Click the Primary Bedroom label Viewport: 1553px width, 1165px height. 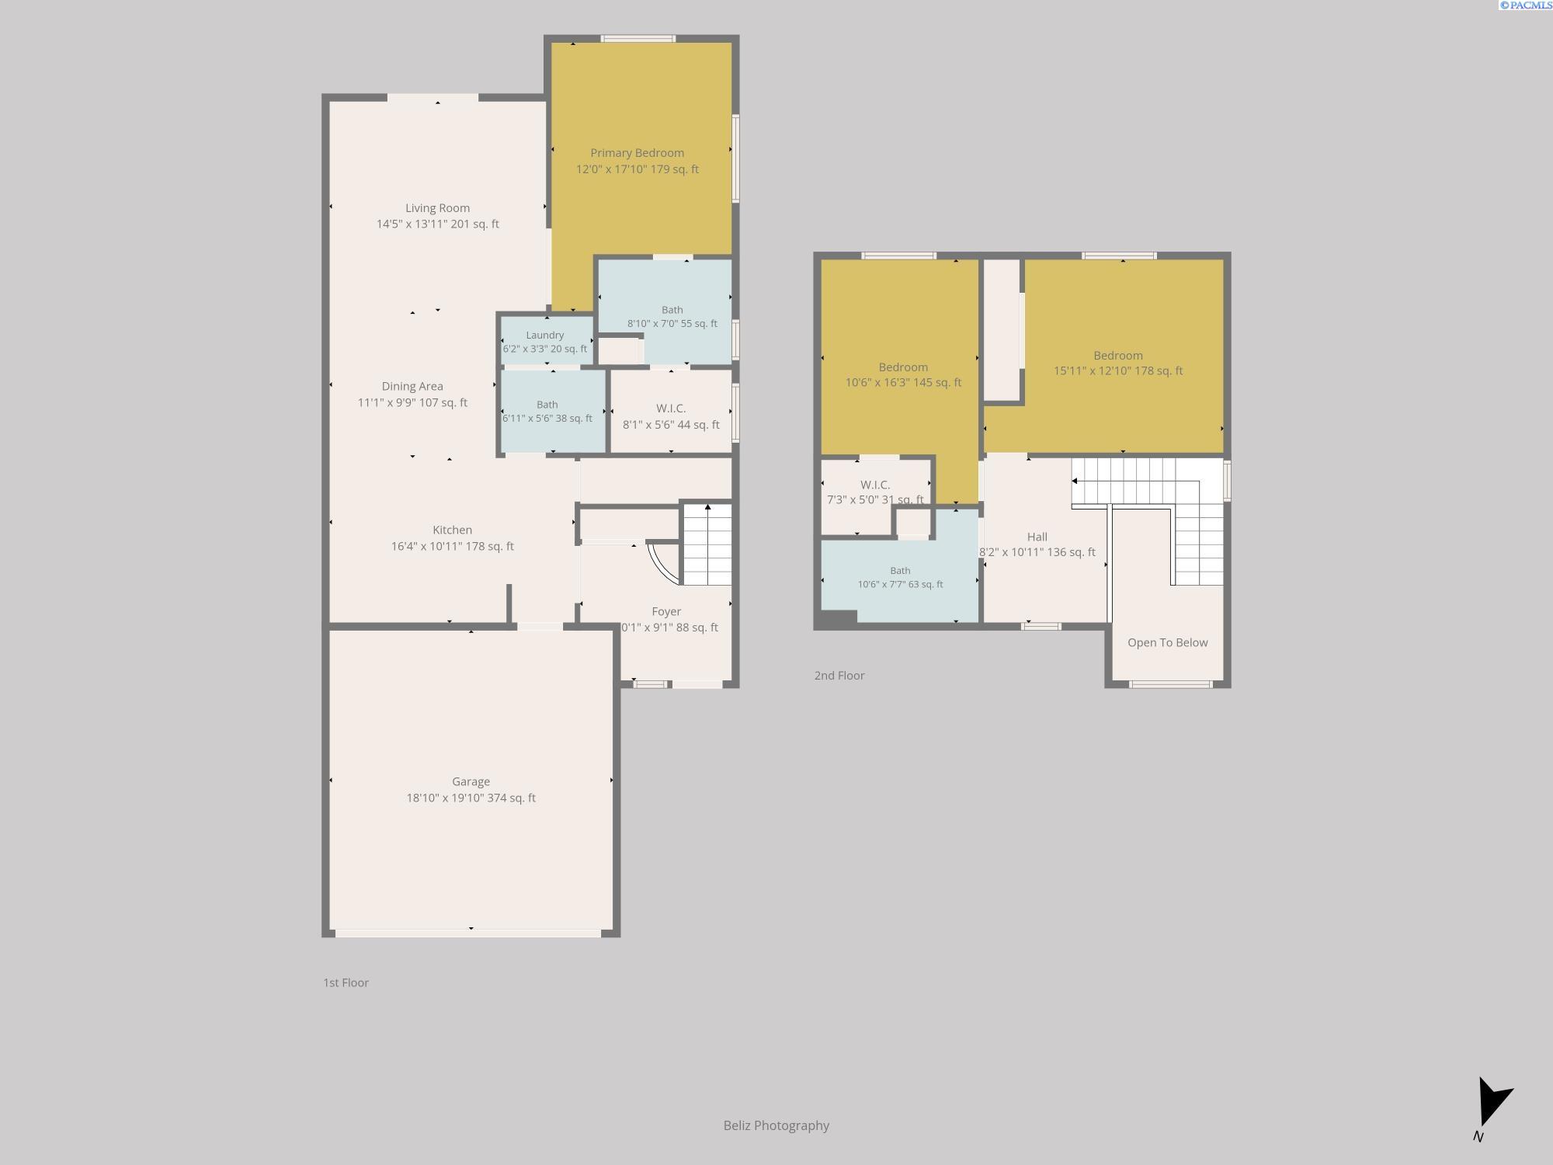click(637, 153)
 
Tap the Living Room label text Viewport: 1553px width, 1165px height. click(437, 208)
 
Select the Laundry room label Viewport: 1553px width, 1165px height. click(544, 336)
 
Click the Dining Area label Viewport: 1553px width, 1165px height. click(412, 386)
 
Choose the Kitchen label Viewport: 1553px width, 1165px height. click(452, 530)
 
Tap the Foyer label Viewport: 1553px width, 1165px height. click(666, 612)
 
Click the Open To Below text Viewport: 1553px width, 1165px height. click(1167, 642)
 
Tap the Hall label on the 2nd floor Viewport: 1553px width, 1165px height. click(1037, 537)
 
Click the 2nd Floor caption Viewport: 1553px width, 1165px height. click(839, 676)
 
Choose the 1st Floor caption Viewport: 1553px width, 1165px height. click(346, 982)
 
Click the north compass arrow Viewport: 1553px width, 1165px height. click(1493, 1101)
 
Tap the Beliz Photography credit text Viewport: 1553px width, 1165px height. click(776, 1125)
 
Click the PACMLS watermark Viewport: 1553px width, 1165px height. click(1526, 5)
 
